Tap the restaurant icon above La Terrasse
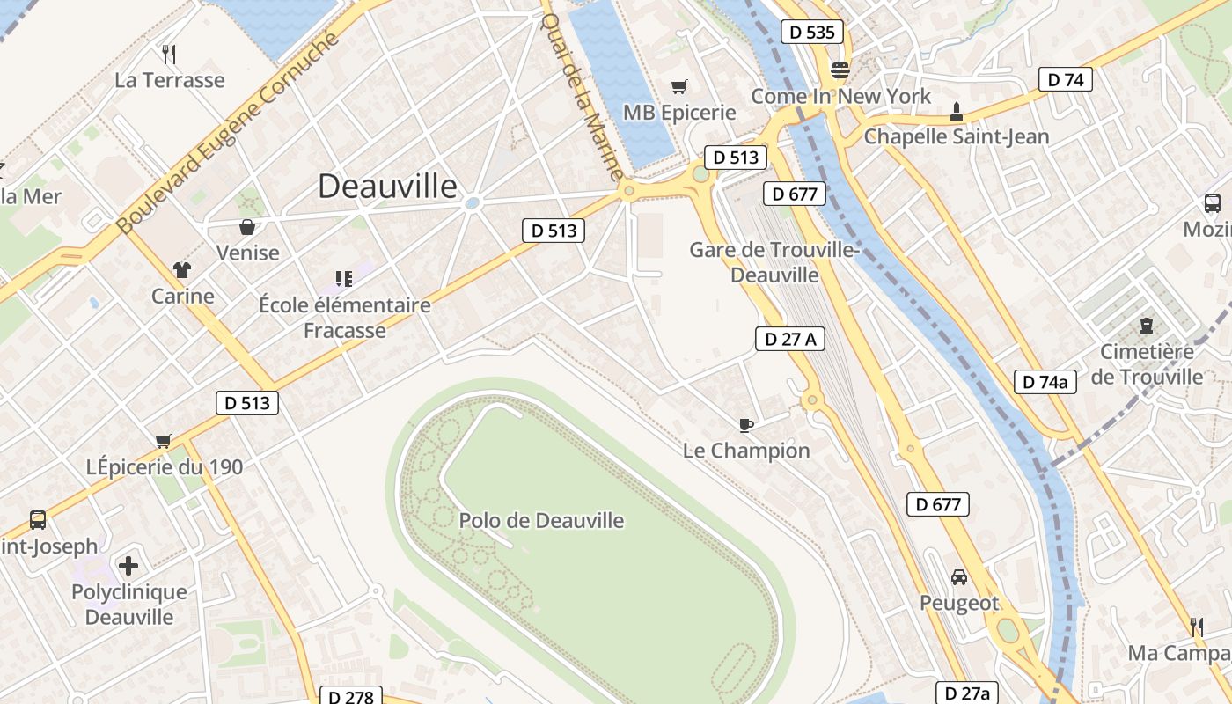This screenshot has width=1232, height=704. click(170, 55)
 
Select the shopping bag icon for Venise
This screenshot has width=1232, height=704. click(248, 227)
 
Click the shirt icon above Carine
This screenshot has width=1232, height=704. click(182, 270)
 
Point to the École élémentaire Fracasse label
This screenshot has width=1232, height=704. click(345, 318)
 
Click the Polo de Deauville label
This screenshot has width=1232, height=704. click(541, 520)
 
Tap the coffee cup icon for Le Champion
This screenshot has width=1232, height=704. click(746, 426)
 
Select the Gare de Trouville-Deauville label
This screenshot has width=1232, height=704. click(774, 262)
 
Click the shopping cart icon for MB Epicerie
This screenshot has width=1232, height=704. click(678, 86)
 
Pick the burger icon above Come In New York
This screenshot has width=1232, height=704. click(840, 70)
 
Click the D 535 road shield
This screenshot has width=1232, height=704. click(811, 33)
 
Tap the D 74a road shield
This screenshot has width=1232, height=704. click(1045, 382)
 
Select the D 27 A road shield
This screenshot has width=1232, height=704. click(789, 339)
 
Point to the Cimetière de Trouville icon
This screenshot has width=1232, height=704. click(1146, 326)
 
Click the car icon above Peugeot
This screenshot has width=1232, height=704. click(959, 577)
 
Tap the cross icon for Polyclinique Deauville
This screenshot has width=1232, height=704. click(128, 565)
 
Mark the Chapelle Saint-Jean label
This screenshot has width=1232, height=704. click(957, 136)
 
